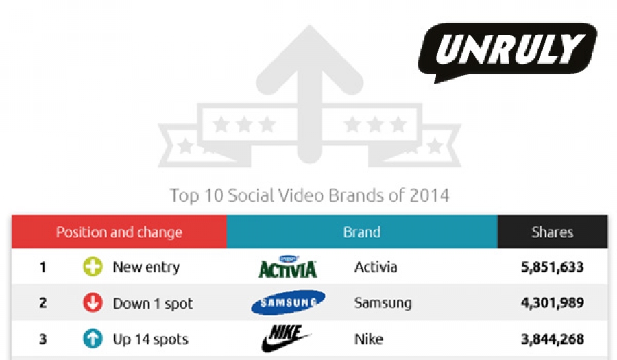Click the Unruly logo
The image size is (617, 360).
507,52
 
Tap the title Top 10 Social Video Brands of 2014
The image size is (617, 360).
309,195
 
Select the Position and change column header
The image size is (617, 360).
119,232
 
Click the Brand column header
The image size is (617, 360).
362,232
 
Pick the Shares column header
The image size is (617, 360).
553,232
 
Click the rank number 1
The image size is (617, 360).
43,267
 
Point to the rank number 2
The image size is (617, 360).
43,302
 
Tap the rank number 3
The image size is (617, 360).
43,339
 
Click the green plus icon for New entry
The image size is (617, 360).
93,266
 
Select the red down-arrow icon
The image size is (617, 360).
93,302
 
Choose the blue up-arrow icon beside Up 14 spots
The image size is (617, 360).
93,338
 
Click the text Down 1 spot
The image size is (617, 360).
153,303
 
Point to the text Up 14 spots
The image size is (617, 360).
151,339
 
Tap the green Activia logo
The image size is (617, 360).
288,266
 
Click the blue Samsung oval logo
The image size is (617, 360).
288,302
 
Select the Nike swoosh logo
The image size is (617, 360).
286,338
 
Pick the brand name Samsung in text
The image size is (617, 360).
383,303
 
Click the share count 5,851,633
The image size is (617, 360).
553,267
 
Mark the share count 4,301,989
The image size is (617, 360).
553,302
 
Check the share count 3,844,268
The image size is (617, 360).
553,339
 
